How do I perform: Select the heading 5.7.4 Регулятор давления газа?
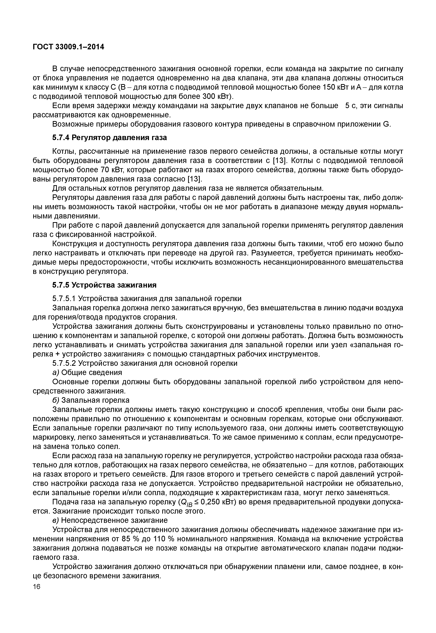[x=109, y=138]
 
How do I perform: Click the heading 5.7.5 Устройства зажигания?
[x=104, y=285]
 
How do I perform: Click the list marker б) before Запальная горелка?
[x=56, y=400]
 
